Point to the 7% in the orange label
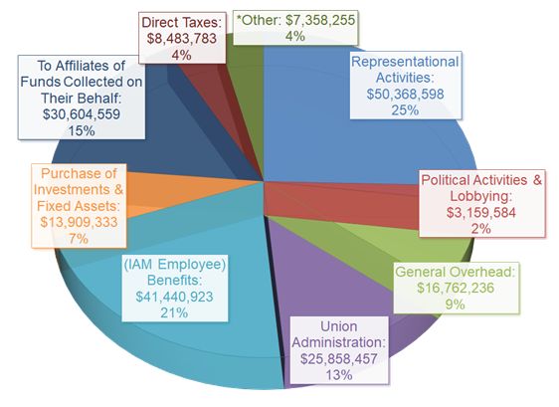81,239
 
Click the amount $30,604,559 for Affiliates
79,113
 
